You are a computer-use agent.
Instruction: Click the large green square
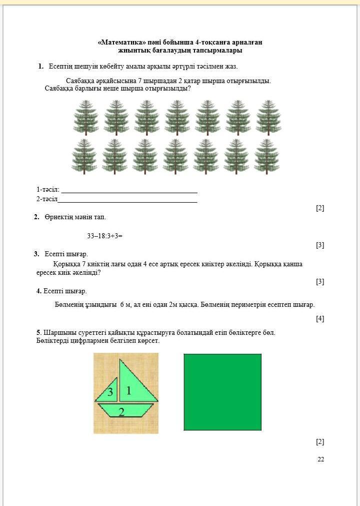pyautogui.click(x=222, y=392)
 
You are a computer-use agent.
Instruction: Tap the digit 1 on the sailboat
pyautogui.click(x=128, y=390)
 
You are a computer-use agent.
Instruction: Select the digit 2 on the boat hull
pyautogui.click(x=121, y=412)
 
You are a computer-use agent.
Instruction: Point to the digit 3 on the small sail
pyautogui.click(x=110, y=392)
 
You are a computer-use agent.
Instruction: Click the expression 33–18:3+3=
pyautogui.click(x=104, y=235)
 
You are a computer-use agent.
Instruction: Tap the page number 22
pyautogui.click(x=320, y=459)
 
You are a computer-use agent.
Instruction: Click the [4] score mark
pyautogui.click(x=320, y=318)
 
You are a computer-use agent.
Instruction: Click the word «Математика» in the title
pyautogui.click(x=120, y=42)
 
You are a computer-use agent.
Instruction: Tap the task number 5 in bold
pyautogui.click(x=38, y=332)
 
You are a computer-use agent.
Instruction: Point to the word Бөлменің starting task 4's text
pyautogui.click(x=68, y=304)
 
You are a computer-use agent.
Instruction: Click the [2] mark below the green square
pyautogui.click(x=320, y=441)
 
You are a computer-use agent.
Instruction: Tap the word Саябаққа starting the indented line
pyautogui.click(x=80, y=81)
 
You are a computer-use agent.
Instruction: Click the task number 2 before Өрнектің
pyautogui.click(x=36, y=217)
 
